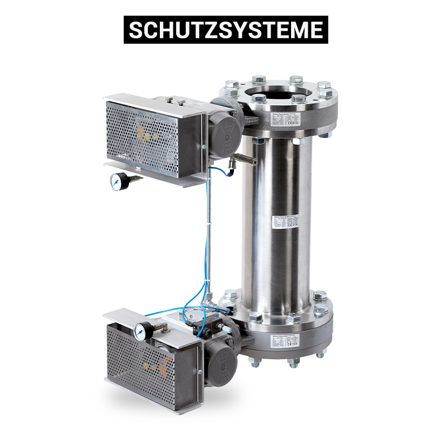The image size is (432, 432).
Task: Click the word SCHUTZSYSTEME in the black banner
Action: (226, 30)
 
